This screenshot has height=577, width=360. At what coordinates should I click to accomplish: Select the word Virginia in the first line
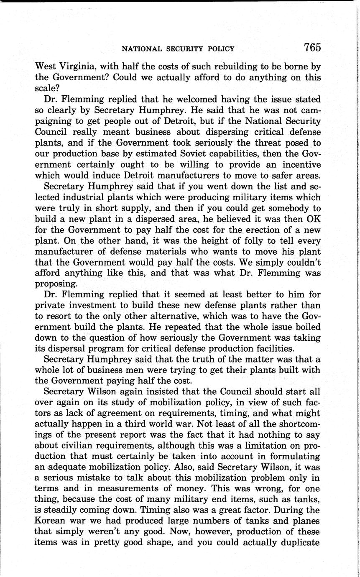click(79, 66)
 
